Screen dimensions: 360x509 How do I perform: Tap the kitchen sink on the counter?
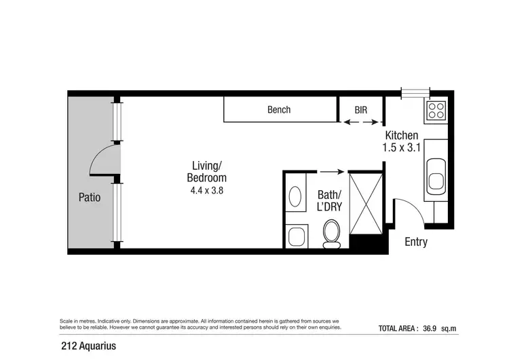tap(435, 174)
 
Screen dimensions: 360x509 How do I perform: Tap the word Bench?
tap(279, 109)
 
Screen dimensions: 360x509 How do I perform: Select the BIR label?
tap(362, 109)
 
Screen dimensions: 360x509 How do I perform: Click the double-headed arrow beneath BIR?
tap(361, 123)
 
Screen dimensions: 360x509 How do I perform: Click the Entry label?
tap(416, 242)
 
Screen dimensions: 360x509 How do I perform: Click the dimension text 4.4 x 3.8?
tap(206, 191)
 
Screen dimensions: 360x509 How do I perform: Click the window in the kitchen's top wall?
tap(415, 93)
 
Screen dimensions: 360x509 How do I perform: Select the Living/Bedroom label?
tap(206, 171)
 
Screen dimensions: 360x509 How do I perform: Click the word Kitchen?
tap(402, 136)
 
